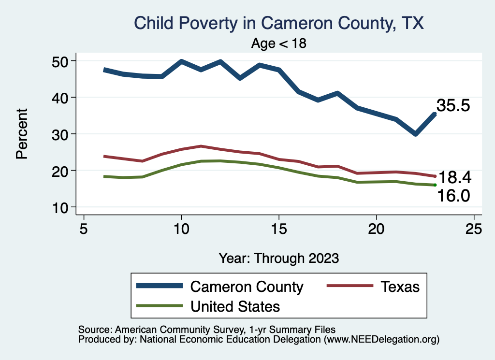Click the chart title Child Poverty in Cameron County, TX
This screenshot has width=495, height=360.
278,23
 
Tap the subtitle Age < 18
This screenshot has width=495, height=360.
279,43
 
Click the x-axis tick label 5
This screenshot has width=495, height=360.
84,229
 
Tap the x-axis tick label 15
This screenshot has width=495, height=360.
279,229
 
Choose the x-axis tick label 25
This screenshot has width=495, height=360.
474,229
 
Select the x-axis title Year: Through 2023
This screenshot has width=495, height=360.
278,258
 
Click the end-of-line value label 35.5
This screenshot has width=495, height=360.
453,106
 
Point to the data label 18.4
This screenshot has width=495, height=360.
454,177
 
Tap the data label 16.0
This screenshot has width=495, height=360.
454,196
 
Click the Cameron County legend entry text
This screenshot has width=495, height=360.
247,287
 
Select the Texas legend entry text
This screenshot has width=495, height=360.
399,287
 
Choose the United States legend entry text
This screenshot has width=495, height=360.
235,306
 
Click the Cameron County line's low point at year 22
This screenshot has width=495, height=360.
415,134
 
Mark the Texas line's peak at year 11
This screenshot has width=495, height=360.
201,146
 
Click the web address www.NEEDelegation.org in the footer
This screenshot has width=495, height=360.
381,339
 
